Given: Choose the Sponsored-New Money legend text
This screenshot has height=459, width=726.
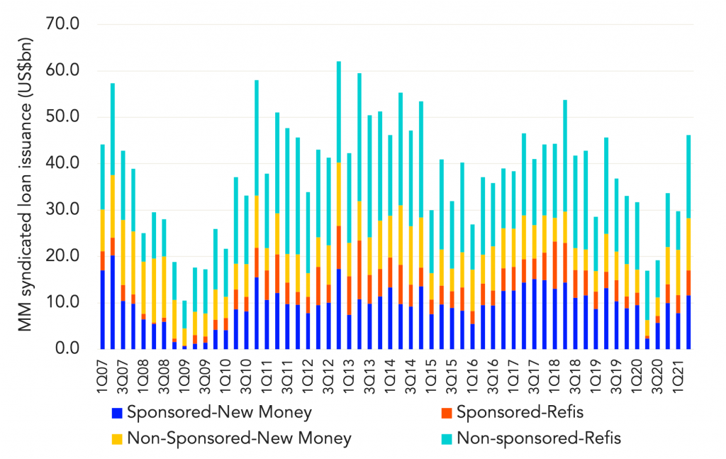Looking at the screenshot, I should pyautogui.click(x=219, y=411).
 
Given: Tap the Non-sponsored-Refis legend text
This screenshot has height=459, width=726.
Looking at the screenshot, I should pyautogui.click(x=539, y=438).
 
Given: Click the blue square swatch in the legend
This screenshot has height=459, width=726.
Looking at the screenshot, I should pyautogui.click(x=118, y=411).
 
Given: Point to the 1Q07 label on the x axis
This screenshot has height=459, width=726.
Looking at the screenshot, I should pyautogui.click(x=103, y=369).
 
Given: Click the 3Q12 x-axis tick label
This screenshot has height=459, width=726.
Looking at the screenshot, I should pyautogui.click(x=329, y=369).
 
